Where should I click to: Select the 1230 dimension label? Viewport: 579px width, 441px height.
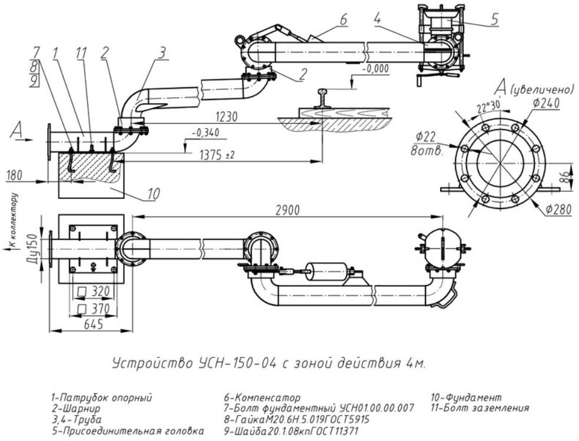pyautogui.click(x=225, y=117)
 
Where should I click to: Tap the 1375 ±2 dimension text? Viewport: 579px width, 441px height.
pyautogui.click(x=217, y=155)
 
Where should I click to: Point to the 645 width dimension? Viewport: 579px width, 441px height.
pyautogui.click(x=94, y=324)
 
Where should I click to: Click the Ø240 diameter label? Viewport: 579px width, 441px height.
pyautogui.click(x=546, y=104)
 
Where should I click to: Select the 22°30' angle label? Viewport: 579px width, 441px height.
pyautogui.click(x=487, y=107)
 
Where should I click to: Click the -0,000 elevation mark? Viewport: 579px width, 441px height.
pyautogui.click(x=375, y=69)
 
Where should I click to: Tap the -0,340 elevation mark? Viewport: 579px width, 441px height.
pyautogui.click(x=206, y=132)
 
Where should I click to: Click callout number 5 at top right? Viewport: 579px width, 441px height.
pyautogui.click(x=495, y=19)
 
